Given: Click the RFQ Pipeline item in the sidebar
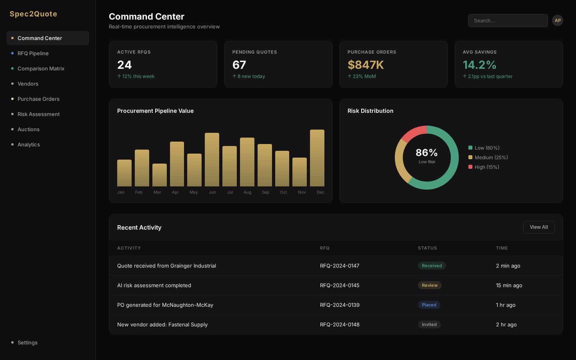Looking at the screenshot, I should tap(33, 53).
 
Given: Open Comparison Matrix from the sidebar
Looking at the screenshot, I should tap(41, 68).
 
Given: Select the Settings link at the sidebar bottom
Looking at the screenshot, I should tap(28, 342).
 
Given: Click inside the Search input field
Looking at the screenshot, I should tap(508, 21).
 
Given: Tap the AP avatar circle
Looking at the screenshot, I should tap(558, 20).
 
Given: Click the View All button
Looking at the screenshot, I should tap(539, 227).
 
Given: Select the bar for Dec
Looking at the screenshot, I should tap(317, 158).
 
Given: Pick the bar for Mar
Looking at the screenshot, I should tap(160, 175).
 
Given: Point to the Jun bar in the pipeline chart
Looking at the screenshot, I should tap(212, 160).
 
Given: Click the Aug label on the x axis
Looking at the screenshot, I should tap(247, 192).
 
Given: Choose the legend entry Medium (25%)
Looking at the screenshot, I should tap(491, 158).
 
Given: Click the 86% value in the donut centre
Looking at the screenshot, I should tap(427, 153).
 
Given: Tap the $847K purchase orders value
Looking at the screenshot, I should tap(366, 65).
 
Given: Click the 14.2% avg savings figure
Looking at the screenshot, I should tap(480, 65).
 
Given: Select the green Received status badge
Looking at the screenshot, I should tap(432, 266).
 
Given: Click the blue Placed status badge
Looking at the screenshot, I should tap(429, 305).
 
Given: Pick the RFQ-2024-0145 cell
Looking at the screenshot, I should tap(340, 285).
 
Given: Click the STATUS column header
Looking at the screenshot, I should tap(427, 248).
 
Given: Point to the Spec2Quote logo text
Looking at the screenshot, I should tap(33, 14).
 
